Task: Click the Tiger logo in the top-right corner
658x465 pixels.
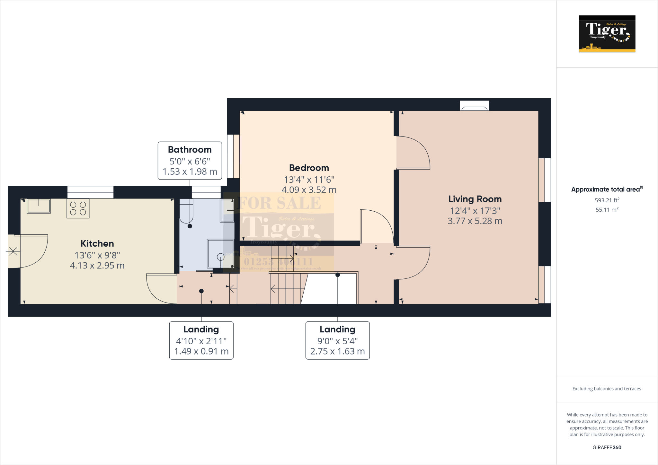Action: (x=607, y=34)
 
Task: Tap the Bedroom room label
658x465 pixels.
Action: (x=309, y=168)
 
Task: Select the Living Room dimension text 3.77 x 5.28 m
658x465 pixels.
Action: (x=475, y=221)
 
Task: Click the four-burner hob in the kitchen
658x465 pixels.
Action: (x=78, y=208)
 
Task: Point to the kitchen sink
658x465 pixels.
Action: (x=39, y=206)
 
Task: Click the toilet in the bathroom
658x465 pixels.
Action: (x=186, y=211)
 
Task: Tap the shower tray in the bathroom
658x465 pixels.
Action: (x=220, y=253)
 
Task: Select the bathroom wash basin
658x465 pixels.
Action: (x=227, y=210)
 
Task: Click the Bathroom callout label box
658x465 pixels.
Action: (x=190, y=161)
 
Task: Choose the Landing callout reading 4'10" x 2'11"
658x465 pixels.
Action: (x=201, y=340)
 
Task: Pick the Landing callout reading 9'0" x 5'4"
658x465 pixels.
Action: (x=337, y=340)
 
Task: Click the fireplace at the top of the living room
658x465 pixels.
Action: (x=474, y=106)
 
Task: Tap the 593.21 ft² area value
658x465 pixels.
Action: (x=607, y=200)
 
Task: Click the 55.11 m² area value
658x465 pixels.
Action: (x=607, y=210)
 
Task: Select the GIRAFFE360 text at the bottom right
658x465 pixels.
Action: (x=607, y=447)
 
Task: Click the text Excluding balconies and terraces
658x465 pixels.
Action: (x=607, y=389)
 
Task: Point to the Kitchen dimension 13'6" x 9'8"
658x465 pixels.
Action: (x=97, y=255)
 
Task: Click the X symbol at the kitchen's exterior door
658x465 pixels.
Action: (x=13, y=251)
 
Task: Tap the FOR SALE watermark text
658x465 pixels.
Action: (x=280, y=203)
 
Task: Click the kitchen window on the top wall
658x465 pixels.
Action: (x=90, y=192)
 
